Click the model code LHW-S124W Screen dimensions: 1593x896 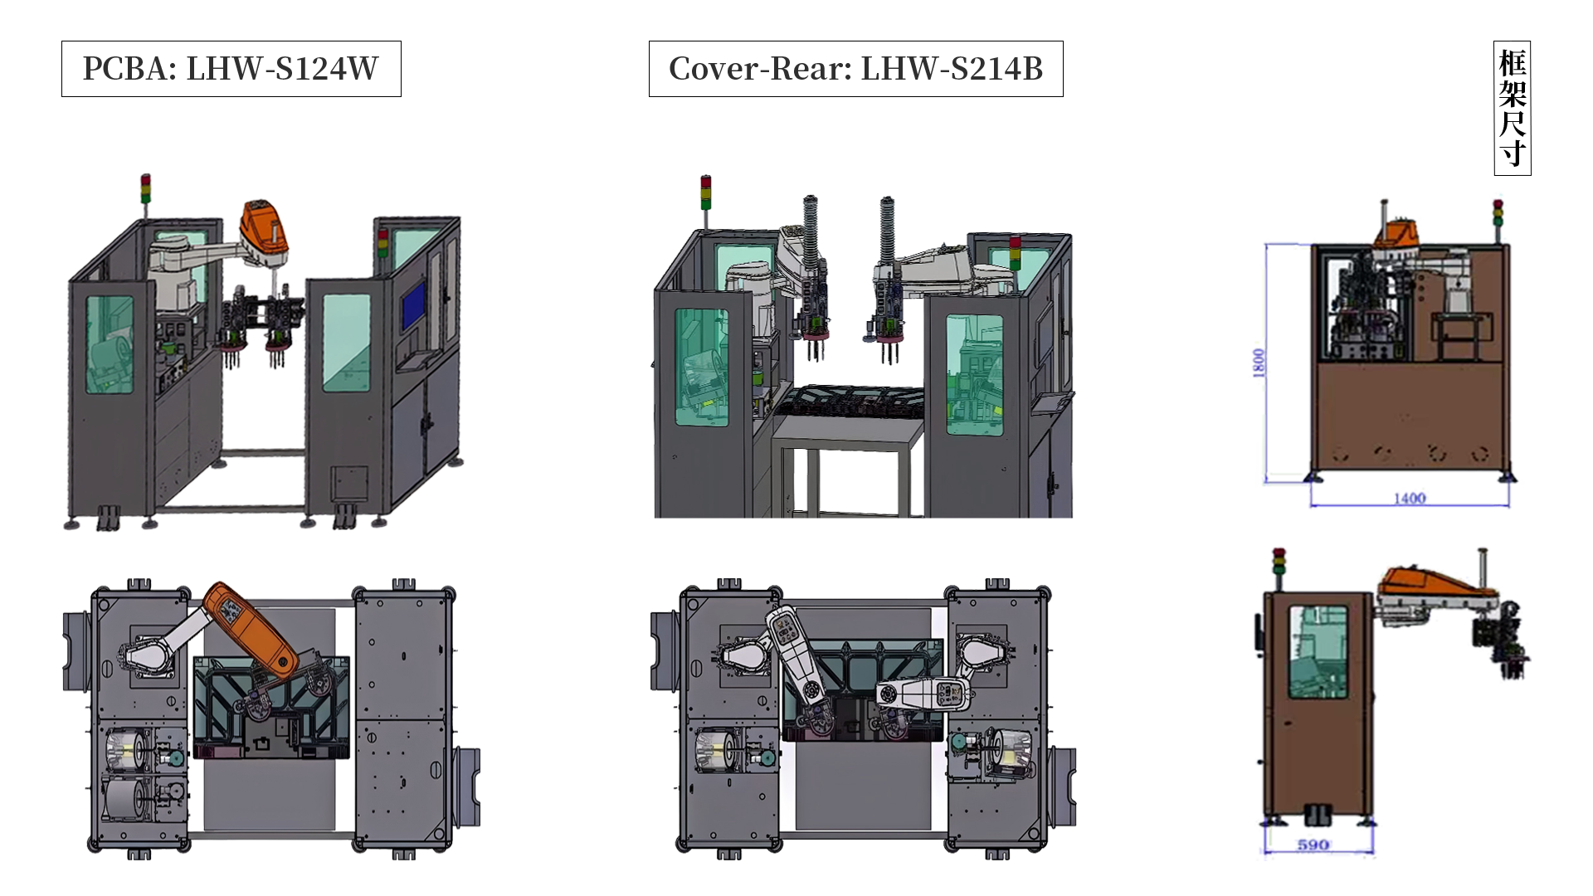[282, 69]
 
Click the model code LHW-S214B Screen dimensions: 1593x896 [952, 69]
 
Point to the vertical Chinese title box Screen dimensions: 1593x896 [1512, 108]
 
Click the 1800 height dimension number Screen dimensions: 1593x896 [1259, 363]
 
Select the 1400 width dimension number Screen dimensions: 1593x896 [1409, 498]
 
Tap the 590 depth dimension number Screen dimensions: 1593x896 [1313, 845]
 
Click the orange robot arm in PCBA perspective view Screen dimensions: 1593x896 [265, 232]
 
